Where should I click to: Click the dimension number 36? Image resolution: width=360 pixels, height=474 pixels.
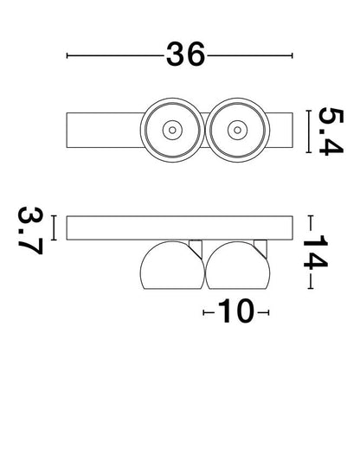click(185, 54)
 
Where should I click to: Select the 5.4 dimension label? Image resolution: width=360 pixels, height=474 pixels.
click(331, 131)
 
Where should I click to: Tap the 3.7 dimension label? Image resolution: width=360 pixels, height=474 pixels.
click(30, 230)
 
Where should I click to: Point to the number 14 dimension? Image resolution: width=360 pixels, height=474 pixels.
click(315, 252)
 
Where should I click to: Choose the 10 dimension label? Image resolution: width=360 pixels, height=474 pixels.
click(235, 311)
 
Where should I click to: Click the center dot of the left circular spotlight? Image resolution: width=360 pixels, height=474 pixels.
click(172, 130)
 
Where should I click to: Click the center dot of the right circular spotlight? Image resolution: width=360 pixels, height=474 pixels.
click(237, 130)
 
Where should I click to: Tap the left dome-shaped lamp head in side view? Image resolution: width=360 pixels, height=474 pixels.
click(172, 266)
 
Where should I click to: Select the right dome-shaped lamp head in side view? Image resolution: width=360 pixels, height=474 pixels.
click(237, 266)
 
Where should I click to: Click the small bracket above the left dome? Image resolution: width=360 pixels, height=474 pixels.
click(196, 247)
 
